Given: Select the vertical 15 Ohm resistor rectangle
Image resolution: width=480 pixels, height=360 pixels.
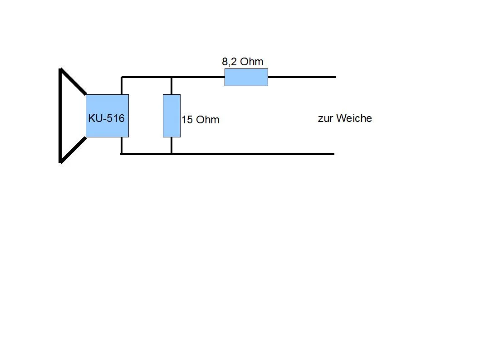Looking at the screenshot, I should click(171, 116).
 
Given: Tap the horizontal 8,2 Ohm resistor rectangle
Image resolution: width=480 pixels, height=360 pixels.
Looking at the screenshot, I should click(246, 77).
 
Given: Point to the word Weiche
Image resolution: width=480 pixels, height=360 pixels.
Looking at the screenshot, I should click(354, 118).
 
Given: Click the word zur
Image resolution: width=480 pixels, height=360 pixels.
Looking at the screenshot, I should click(325, 119).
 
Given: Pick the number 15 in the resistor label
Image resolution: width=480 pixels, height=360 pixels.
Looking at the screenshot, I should click(186, 120).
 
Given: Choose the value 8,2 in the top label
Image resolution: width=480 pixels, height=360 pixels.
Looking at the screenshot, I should click(229, 62).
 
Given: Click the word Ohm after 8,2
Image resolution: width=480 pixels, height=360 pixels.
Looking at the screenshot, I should click(252, 62).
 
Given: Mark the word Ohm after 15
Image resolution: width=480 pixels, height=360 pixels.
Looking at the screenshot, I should click(208, 120).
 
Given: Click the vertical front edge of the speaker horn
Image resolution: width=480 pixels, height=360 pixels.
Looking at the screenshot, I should click(60, 116).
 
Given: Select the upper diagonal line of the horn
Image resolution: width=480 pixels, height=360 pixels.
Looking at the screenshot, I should click(73, 82).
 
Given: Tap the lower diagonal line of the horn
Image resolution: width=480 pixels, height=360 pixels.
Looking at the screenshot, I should click(73, 150).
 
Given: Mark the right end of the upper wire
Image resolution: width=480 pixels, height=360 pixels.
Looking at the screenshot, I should click(335, 77).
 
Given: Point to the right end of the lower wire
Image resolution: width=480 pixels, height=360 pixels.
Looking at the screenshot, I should click(333, 154).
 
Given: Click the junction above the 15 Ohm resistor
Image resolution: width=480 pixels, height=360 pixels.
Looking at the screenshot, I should click(171, 77).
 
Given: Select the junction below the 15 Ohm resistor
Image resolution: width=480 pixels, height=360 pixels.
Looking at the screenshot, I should click(171, 154).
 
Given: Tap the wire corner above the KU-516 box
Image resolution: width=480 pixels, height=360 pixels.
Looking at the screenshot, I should click(122, 78).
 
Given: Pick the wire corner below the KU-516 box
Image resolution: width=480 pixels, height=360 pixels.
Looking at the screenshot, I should click(122, 154).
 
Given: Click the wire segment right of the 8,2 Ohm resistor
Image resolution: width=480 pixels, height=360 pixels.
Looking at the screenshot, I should click(302, 77).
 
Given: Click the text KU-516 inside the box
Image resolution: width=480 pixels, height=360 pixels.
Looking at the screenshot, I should click(106, 118).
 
